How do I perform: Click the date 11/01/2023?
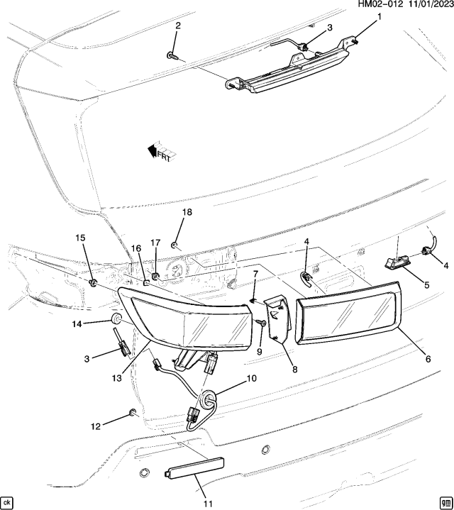tap(426, 5)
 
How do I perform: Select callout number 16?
tap(136, 248)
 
